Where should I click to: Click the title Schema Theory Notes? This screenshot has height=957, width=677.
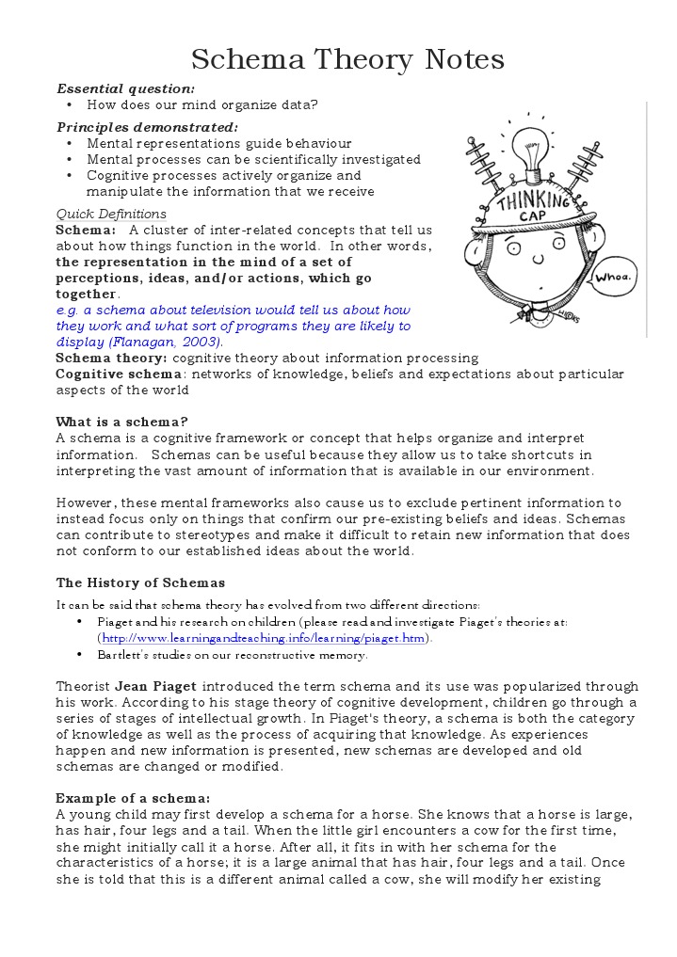click(x=347, y=60)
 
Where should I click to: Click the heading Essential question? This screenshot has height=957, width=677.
click(x=125, y=88)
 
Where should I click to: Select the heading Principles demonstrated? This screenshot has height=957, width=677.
click(x=147, y=127)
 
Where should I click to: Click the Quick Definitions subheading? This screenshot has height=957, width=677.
click(x=111, y=214)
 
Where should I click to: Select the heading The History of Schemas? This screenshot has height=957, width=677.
click(x=140, y=582)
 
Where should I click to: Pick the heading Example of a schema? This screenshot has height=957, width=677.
click(x=133, y=797)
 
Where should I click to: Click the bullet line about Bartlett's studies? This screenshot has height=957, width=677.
click(x=233, y=655)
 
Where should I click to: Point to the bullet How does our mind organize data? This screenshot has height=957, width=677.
click(x=202, y=104)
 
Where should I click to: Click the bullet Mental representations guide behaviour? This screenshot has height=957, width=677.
click(x=218, y=143)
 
